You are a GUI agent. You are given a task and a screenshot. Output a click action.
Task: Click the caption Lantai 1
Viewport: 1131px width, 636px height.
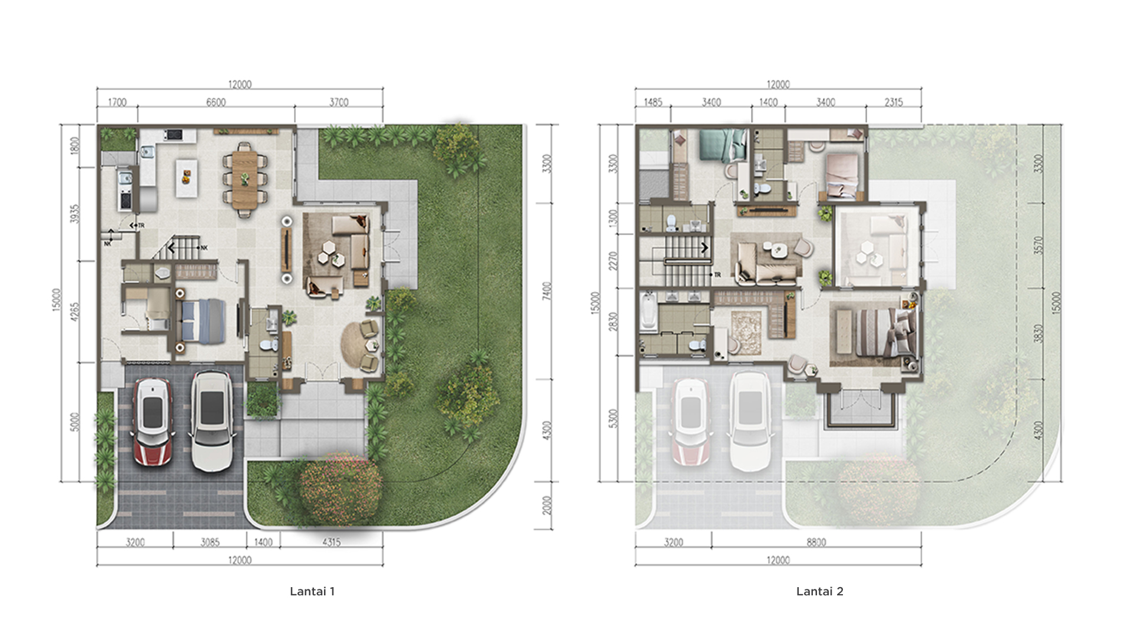click(x=312, y=591)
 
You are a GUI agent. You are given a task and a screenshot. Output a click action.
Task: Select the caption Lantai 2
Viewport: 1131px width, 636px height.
click(x=819, y=591)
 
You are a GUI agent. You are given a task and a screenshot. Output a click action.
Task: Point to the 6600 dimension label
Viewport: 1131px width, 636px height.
click(x=216, y=102)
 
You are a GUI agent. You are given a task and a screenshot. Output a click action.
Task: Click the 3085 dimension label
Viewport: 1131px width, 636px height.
click(x=210, y=542)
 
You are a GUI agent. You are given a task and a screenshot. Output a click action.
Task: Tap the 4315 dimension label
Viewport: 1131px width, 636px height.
click(x=331, y=542)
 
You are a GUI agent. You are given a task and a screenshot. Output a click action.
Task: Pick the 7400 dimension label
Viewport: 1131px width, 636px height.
click(x=547, y=291)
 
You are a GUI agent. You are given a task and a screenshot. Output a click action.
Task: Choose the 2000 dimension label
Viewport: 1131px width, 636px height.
click(x=547, y=505)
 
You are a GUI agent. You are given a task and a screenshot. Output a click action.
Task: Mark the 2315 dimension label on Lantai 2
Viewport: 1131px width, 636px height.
click(x=893, y=102)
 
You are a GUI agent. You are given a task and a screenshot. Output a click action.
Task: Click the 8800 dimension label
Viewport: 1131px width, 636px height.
click(x=816, y=542)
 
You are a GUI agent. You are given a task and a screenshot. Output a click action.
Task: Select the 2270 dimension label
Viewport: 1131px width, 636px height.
click(x=614, y=261)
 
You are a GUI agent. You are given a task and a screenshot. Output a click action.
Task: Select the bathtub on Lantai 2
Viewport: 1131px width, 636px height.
click(x=648, y=309)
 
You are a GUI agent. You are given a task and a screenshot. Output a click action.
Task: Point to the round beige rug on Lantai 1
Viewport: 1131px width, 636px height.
click(x=361, y=345)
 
